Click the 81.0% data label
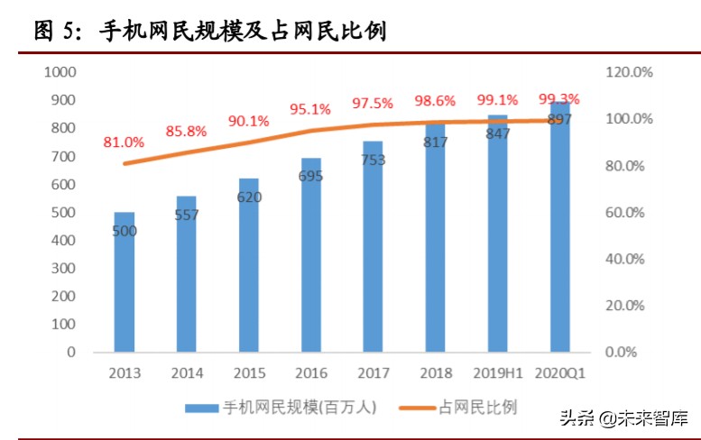124,142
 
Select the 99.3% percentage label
558,98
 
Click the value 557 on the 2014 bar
187,215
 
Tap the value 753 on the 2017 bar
374,160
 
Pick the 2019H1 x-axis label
497,372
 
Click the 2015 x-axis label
248,372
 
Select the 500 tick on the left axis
64,212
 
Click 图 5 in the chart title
60,32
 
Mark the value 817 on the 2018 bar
436,142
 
